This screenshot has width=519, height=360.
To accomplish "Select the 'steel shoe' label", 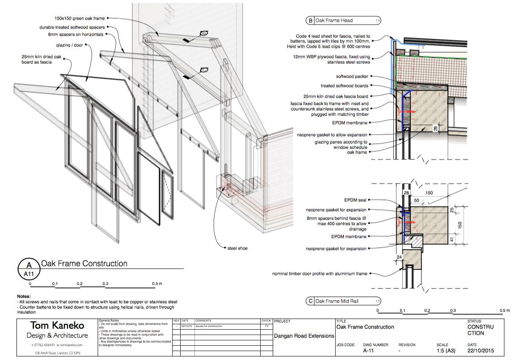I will pos(237,248).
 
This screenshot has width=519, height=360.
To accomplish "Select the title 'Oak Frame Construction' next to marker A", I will pos(84,264).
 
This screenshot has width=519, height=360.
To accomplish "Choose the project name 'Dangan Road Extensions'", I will pos(302,336).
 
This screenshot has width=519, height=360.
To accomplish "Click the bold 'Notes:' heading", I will pos(24,297).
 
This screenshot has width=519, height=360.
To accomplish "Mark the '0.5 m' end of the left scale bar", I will pos(156,284).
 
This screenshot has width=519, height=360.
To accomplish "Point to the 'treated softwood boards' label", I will pos(344,86).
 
